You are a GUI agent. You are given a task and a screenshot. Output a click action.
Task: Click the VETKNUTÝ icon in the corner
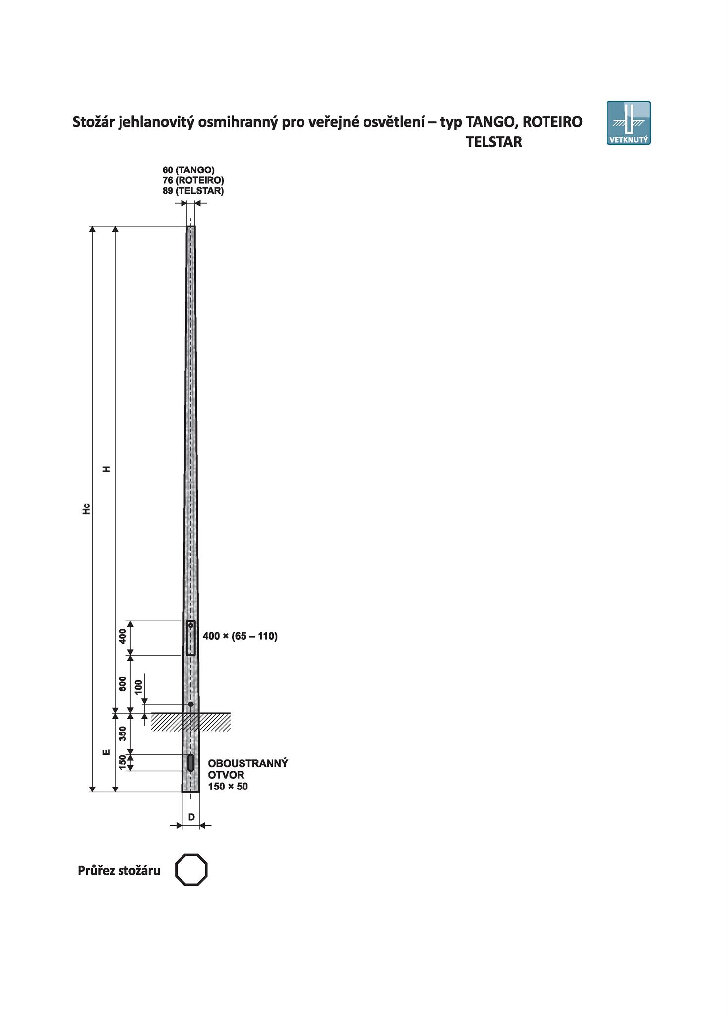pyautogui.click(x=628, y=123)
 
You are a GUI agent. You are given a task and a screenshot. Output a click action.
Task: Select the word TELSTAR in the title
pyautogui.click(x=494, y=142)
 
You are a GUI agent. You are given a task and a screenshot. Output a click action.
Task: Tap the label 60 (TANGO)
pyautogui.click(x=188, y=170)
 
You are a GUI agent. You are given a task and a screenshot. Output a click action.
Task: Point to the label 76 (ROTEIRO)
pyautogui.click(x=193, y=180)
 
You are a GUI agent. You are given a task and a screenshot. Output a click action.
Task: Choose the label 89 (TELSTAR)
pyautogui.click(x=193, y=191)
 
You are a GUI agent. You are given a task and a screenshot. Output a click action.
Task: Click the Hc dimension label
pyautogui.click(x=86, y=509)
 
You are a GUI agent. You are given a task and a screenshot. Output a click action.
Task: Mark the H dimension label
pyautogui.click(x=106, y=469)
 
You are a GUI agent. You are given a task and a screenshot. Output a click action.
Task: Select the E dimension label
pyautogui.click(x=106, y=752)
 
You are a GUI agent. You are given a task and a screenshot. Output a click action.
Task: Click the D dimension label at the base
pyautogui.click(x=191, y=817)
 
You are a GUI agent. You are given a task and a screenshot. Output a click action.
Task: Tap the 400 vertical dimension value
pyautogui.click(x=122, y=637)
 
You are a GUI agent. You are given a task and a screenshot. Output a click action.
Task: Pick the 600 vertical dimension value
pyautogui.click(x=122, y=684)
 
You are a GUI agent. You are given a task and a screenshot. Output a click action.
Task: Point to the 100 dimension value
pyautogui.click(x=138, y=686)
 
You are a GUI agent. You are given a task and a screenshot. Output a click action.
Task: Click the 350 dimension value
pyautogui.click(x=122, y=733)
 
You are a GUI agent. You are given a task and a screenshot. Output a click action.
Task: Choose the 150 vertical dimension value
pyautogui.click(x=122, y=763)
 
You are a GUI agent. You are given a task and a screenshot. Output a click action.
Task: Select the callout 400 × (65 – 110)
pyautogui.click(x=240, y=636)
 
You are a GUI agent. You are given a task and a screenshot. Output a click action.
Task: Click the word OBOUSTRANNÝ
pyautogui.click(x=248, y=763)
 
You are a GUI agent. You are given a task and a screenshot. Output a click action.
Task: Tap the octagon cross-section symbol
pyautogui.click(x=191, y=870)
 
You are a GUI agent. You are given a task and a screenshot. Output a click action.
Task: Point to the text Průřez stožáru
pyautogui.click(x=119, y=871)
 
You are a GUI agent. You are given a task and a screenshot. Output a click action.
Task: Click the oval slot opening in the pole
pyautogui.click(x=191, y=763)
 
